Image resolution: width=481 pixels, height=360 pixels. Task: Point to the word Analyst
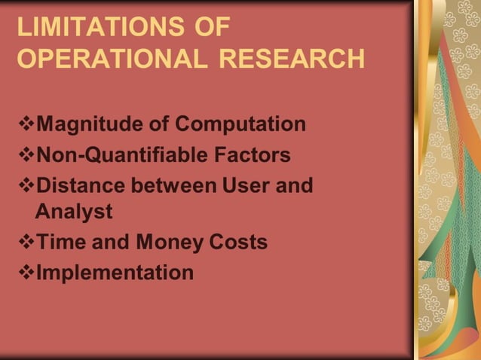73,212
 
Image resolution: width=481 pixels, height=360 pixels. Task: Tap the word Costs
238,243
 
